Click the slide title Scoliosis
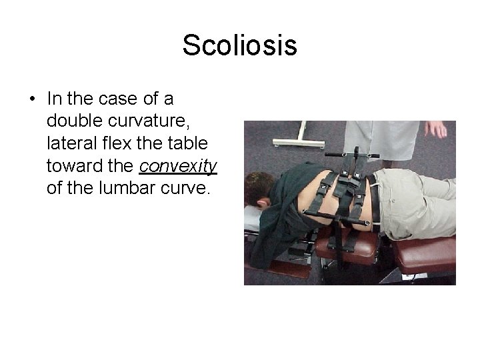239,45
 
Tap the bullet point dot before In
32,99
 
